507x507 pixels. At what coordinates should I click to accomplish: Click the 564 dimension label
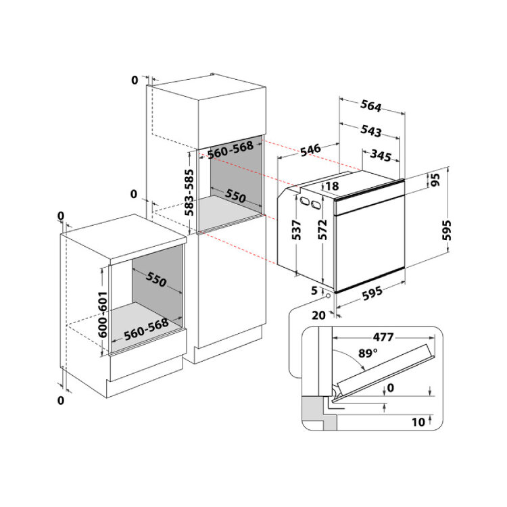coord(371,105)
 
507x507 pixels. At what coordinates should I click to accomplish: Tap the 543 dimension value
coord(371,130)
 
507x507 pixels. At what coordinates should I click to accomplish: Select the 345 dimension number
coord(381,155)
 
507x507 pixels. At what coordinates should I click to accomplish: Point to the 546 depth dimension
coord(310,149)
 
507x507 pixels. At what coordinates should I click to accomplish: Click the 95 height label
coord(435,180)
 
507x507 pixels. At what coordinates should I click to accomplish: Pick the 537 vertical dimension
coord(296,230)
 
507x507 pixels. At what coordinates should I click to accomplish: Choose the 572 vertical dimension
coord(322,230)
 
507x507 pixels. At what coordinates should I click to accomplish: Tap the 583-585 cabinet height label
coord(189,193)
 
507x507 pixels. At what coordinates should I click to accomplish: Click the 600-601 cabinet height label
coord(103,314)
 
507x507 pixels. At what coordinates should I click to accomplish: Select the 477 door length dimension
coord(383,337)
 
